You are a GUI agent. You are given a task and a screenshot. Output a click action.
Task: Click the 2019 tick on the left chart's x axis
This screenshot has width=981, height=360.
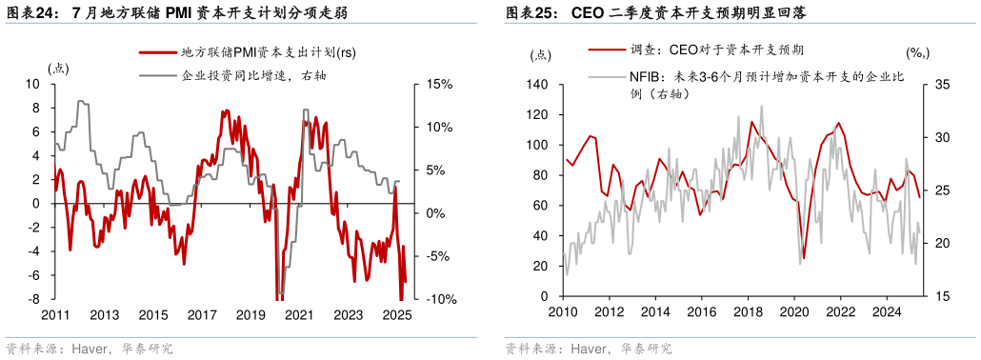(250, 315)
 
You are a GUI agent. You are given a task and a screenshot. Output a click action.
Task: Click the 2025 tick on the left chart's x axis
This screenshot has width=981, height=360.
(396, 315)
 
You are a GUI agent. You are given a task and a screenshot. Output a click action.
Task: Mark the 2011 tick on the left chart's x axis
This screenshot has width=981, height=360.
(55, 315)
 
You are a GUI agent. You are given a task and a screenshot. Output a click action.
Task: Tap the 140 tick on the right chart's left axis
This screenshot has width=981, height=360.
(538, 85)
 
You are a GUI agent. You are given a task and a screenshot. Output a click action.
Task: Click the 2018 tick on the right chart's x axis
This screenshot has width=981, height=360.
(747, 311)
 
